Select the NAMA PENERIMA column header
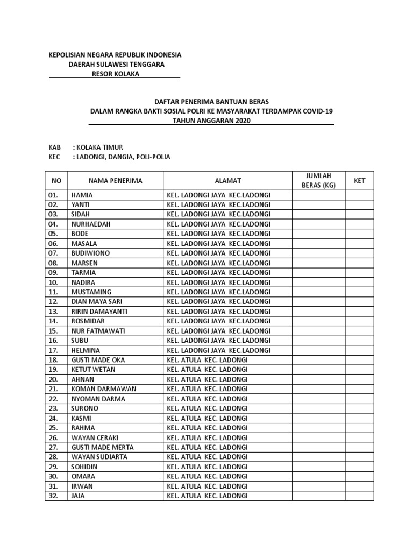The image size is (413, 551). [115, 181]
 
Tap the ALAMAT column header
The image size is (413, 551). [228, 181]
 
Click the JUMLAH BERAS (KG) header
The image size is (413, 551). [318, 181]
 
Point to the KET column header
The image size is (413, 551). [359, 181]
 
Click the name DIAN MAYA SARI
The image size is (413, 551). [96, 301]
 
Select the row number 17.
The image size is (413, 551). [53, 350]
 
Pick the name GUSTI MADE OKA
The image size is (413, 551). [97, 360]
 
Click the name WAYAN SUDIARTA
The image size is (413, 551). [99, 457]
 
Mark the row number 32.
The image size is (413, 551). [53, 496]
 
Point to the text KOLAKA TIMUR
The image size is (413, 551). [101, 147]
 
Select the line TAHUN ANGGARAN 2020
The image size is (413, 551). [211, 121]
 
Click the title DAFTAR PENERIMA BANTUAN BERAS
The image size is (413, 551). [211, 101]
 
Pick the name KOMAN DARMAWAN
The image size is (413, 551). [103, 389]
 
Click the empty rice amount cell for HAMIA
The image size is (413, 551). [318, 195]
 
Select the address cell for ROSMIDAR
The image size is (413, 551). [218, 321]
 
